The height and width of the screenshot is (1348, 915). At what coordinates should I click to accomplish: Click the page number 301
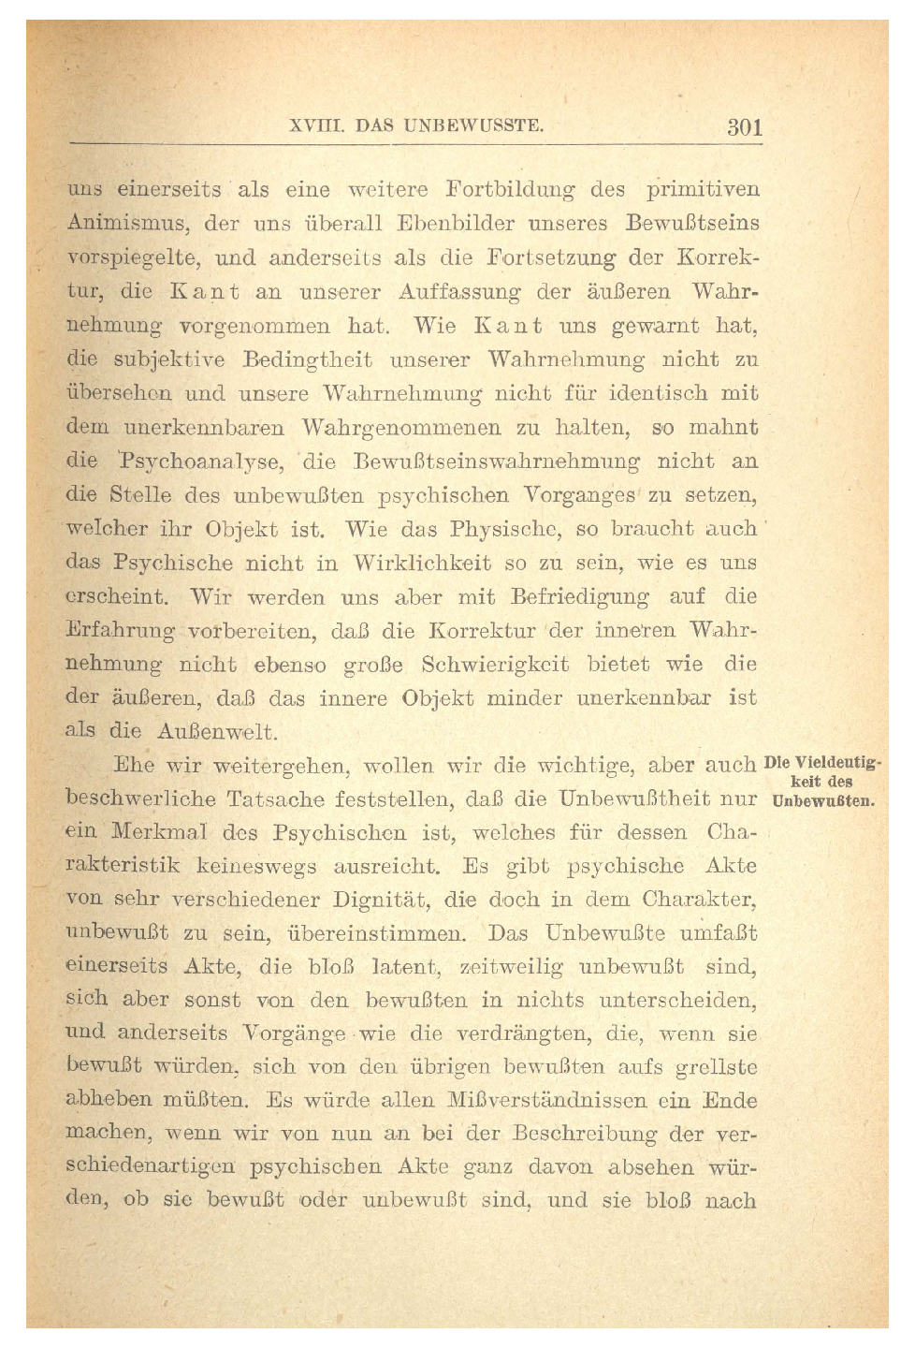745,127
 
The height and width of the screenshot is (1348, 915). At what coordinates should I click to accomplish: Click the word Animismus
127,225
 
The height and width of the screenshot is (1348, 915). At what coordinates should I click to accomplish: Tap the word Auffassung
458,292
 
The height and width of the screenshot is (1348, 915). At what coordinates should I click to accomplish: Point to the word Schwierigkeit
495,665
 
